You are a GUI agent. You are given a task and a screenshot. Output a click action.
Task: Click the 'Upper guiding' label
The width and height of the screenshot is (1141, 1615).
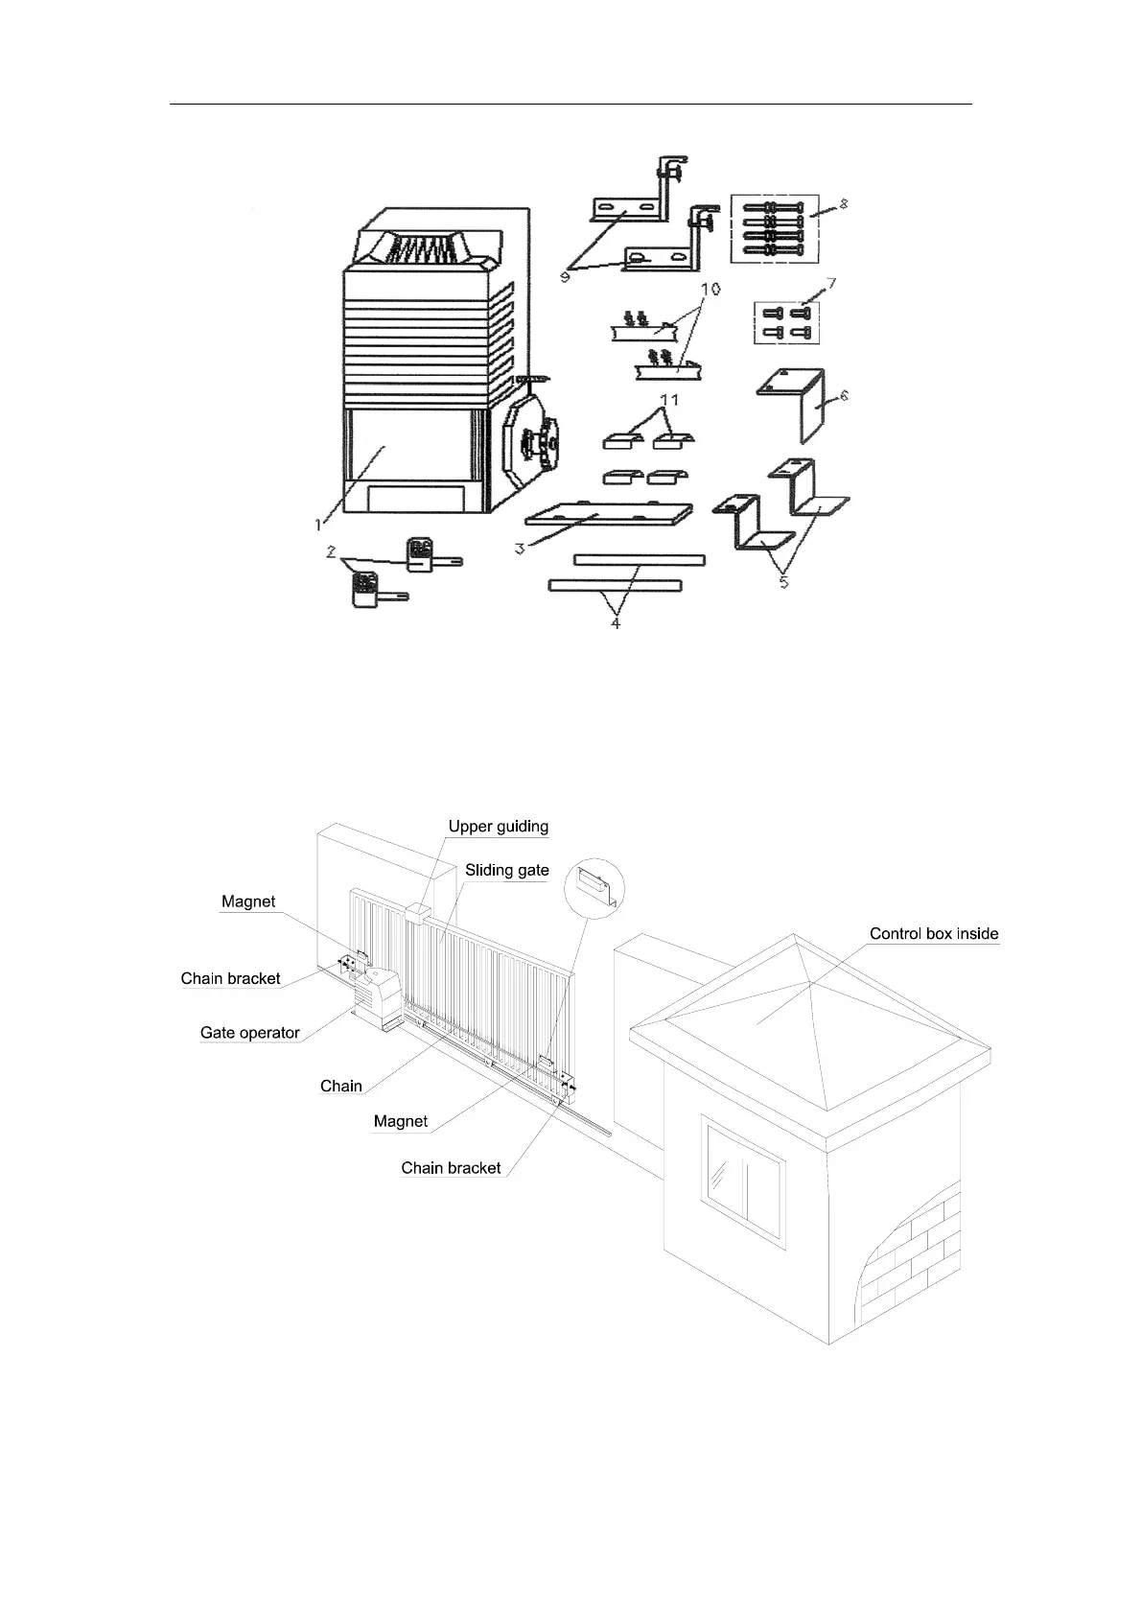pos(498,827)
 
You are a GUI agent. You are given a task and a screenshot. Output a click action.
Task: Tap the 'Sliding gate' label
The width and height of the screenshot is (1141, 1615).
pos(506,871)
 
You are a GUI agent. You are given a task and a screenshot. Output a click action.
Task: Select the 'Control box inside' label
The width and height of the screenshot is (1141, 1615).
pos(933,933)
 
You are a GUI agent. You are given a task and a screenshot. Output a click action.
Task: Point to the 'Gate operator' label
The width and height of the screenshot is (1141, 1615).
pos(249,1033)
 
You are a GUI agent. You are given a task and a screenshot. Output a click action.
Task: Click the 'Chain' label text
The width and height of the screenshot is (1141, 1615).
pos(340,1086)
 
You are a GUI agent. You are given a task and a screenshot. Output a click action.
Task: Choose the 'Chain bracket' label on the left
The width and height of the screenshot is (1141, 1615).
pos(230,978)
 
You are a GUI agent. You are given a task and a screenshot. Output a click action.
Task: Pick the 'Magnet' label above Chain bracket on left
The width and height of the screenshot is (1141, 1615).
pos(247,901)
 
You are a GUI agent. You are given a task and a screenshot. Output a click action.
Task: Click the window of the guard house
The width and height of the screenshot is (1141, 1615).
pos(745,1169)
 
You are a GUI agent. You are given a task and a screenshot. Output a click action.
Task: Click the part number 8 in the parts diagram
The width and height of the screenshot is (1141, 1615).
pos(844,204)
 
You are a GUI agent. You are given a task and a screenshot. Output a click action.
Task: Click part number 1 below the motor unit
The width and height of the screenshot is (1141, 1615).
pos(317,524)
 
